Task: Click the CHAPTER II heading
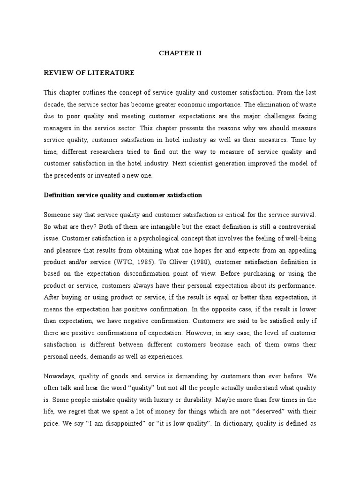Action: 180,53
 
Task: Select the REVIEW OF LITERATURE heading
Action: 89,73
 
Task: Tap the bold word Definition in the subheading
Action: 60,195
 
